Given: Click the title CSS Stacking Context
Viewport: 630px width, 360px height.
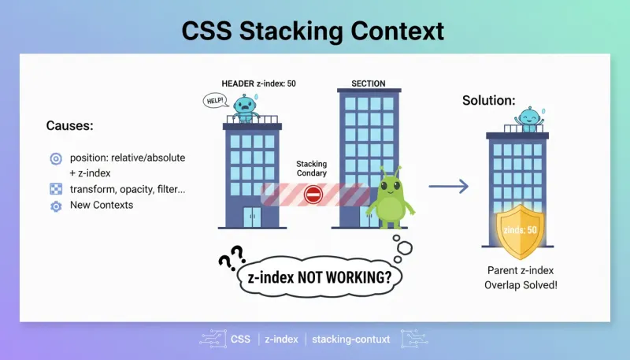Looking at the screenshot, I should (313, 31).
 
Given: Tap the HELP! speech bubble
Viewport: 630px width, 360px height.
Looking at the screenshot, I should (215, 101).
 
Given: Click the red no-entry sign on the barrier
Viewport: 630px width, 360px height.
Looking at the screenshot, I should (313, 195).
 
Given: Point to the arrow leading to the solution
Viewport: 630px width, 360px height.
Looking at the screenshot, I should (448, 186).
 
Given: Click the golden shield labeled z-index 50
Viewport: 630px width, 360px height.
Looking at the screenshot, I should (520, 232).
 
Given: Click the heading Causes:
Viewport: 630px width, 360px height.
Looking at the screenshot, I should (69, 126).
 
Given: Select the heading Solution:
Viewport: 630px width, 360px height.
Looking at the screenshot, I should (488, 101).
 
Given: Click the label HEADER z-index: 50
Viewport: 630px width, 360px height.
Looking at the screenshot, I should (258, 84).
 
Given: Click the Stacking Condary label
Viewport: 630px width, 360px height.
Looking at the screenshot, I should (311, 169).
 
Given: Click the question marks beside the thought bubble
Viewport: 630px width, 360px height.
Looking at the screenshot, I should (230, 258).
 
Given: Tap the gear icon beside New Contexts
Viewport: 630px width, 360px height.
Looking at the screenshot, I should (56, 206).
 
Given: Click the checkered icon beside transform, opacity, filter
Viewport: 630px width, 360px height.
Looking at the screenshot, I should (56, 189).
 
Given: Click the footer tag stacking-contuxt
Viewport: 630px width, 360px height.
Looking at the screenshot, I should (350, 340).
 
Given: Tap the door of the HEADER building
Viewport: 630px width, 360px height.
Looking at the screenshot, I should (253, 217).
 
